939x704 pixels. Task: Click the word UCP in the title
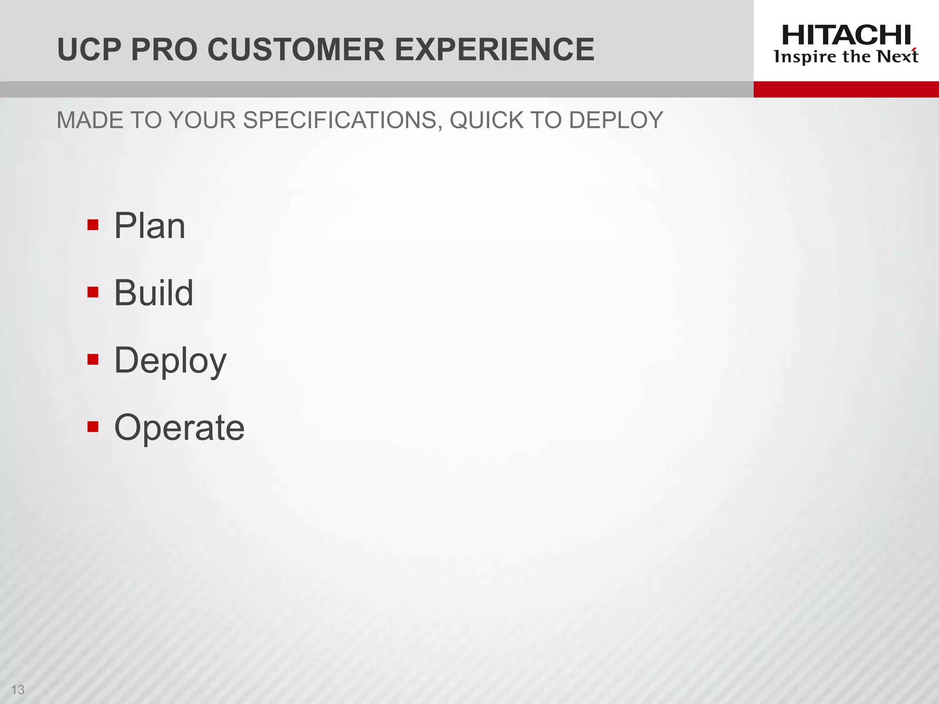coord(89,49)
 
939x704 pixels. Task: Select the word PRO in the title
coord(164,49)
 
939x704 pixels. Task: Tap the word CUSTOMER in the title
coord(296,49)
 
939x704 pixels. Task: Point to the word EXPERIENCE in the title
coord(494,49)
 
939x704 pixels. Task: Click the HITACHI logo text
coord(846,35)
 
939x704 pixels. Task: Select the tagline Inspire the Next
coord(846,57)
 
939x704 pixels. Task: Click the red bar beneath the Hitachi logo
coord(846,89)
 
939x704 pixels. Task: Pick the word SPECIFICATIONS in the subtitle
coord(342,121)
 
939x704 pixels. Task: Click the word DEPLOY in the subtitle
coord(616,121)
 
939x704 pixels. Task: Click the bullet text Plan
coord(149,225)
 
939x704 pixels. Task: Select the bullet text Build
coord(154,293)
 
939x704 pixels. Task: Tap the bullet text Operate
coord(179,428)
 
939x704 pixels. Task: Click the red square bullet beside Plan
coord(93,225)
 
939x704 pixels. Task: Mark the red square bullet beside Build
coord(93,292)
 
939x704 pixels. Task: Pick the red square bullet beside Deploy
coord(93,359)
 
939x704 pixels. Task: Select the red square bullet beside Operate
coord(93,427)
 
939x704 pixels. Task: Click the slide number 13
coord(17,689)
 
